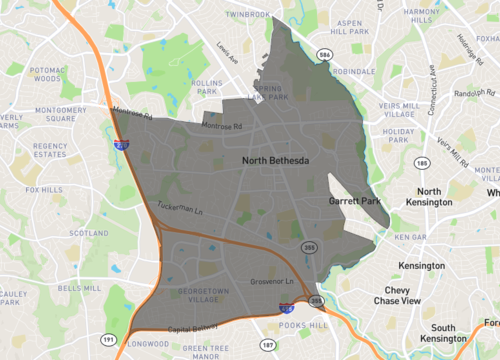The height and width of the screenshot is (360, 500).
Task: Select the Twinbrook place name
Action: tap(248, 15)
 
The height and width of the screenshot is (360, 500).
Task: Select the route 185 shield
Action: tap(423, 162)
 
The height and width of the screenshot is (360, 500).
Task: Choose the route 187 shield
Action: tap(267, 344)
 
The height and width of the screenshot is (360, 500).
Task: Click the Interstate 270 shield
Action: tap(121, 145)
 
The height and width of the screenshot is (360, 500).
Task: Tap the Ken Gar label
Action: tap(411, 238)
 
